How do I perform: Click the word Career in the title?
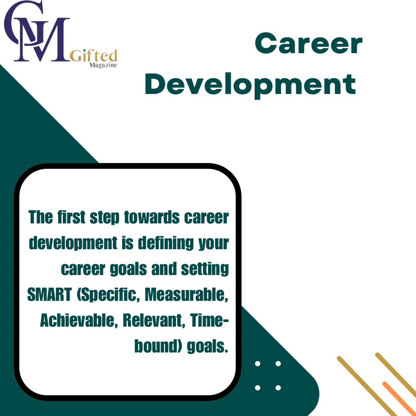(309, 43)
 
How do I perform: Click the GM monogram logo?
(37, 31)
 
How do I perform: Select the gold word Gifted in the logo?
(93, 55)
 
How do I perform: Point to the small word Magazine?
(103, 65)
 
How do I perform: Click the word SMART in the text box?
(50, 295)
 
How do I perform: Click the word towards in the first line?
(152, 217)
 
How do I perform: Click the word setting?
(205, 269)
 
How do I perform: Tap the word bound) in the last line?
(158, 346)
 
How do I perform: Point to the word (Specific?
(108, 295)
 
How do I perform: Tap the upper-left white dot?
(257, 364)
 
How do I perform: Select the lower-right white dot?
(278, 388)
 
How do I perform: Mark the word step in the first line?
(104, 218)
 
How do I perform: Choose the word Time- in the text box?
(209, 320)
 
